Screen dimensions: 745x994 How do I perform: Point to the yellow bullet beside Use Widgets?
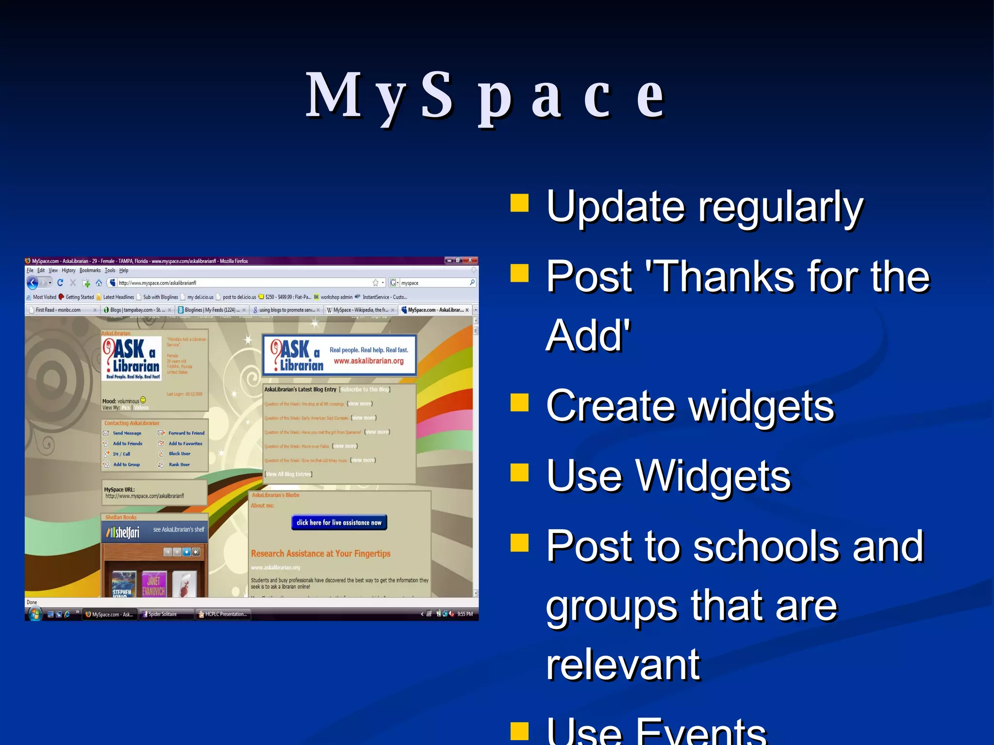[x=519, y=472]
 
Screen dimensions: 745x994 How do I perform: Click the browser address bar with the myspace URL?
[x=243, y=283]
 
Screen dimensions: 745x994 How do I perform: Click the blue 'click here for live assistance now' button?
[x=339, y=522]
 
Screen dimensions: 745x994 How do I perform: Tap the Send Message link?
[x=127, y=433]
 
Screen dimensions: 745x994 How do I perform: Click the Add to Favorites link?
[x=185, y=443]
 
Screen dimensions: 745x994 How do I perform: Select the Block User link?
[x=179, y=453]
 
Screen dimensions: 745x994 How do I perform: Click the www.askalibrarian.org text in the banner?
[x=368, y=361]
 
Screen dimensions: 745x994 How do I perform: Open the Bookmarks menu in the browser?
[x=90, y=271]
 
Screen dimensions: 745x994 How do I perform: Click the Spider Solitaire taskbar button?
[x=163, y=614]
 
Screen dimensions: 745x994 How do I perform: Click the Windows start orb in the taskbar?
[x=35, y=614]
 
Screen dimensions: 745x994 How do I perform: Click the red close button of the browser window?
[x=470, y=260]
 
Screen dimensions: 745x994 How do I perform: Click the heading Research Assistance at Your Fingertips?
[x=320, y=553]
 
